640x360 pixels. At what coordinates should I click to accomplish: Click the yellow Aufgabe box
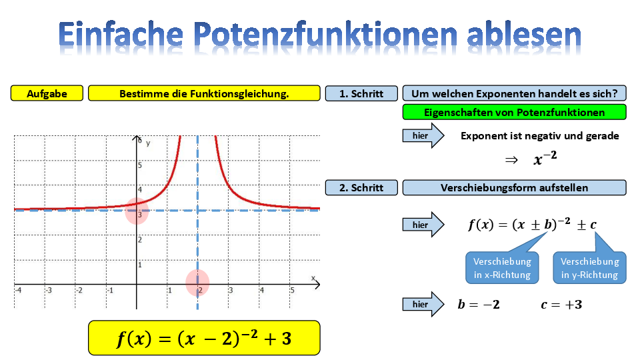pos(47,93)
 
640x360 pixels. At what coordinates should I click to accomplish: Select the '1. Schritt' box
pos(361,93)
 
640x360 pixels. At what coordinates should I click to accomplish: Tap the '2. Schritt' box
pos(361,188)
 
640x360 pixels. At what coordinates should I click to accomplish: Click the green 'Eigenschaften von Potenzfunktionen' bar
pos(514,112)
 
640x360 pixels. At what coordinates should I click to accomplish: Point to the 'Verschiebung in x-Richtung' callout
pos(503,268)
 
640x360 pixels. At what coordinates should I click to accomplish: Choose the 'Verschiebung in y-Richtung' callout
pos(590,268)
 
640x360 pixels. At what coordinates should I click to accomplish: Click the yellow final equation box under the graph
pos(204,338)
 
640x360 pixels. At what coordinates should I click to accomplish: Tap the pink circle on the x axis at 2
pos(197,283)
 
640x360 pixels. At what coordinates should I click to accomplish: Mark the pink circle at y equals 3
pos(136,211)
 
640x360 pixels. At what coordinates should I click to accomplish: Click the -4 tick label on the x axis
pos(18,290)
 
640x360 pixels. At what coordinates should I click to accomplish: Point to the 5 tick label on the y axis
pos(140,165)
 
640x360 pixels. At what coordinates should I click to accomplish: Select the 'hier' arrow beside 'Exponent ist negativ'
pos(423,135)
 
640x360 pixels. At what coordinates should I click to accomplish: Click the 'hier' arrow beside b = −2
pos(423,304)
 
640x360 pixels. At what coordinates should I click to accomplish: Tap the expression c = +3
pos(561,305)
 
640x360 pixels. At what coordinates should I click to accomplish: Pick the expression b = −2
pos(479,305)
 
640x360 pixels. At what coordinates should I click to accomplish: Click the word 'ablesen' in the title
pos(524,34)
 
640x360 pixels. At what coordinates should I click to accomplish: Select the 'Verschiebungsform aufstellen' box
pos(514,188)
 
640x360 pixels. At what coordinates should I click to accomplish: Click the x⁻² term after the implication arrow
pos(545,158)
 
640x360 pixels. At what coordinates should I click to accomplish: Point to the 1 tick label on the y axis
pos(139,265)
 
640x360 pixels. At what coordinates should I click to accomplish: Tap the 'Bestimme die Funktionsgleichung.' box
pos(204,93)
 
